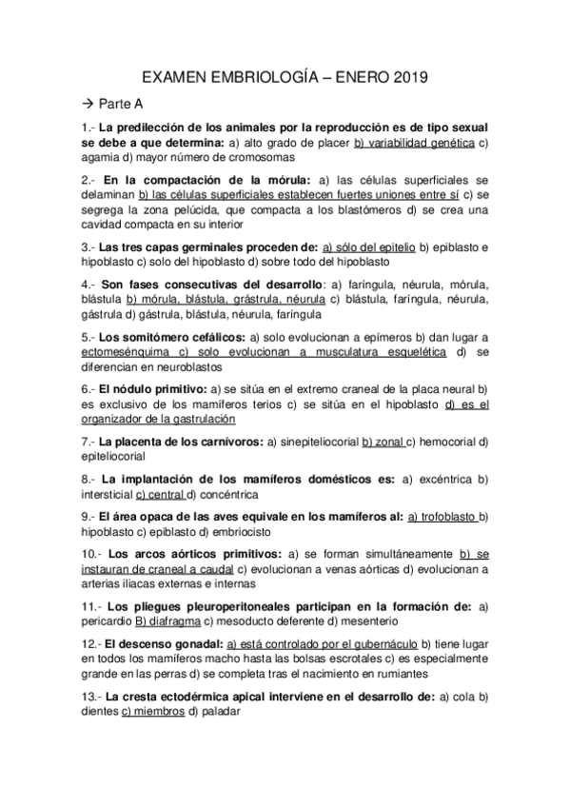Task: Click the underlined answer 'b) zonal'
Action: tap(384, 441)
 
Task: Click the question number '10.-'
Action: tap(91, 553)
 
